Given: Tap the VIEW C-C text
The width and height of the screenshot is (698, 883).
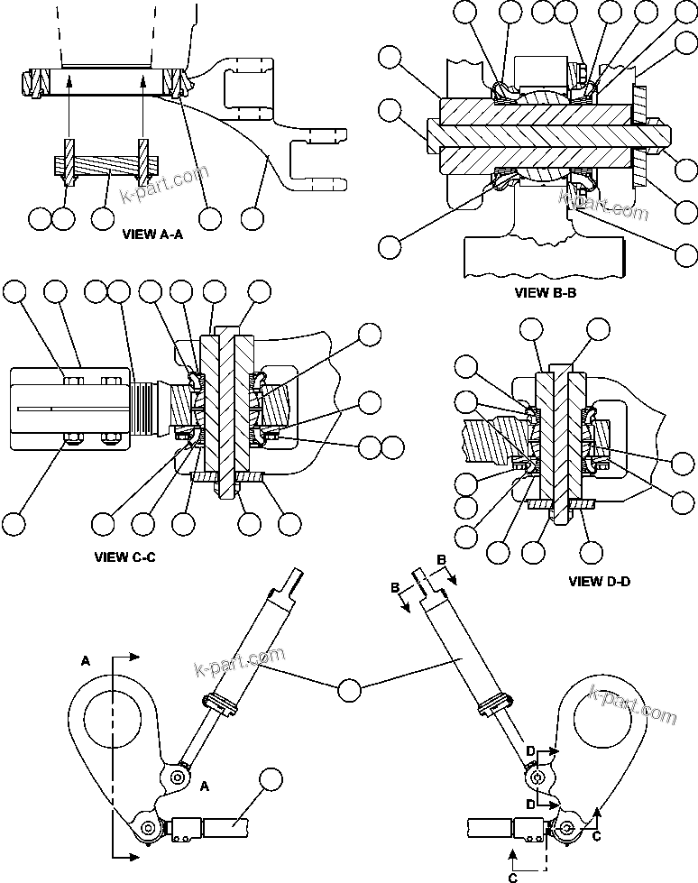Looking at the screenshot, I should [125, 556].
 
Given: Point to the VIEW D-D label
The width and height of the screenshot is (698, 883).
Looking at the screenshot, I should [600, 581].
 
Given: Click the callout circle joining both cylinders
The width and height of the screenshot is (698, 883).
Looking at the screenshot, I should [350, 690].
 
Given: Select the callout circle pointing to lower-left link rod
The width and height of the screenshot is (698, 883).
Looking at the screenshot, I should [270, 781].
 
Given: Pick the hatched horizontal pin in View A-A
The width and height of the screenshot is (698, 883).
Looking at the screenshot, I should [105, 167].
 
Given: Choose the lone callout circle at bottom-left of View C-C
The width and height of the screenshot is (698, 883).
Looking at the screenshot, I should [14, 523].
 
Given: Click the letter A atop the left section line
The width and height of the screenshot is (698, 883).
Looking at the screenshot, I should [86, 660].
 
